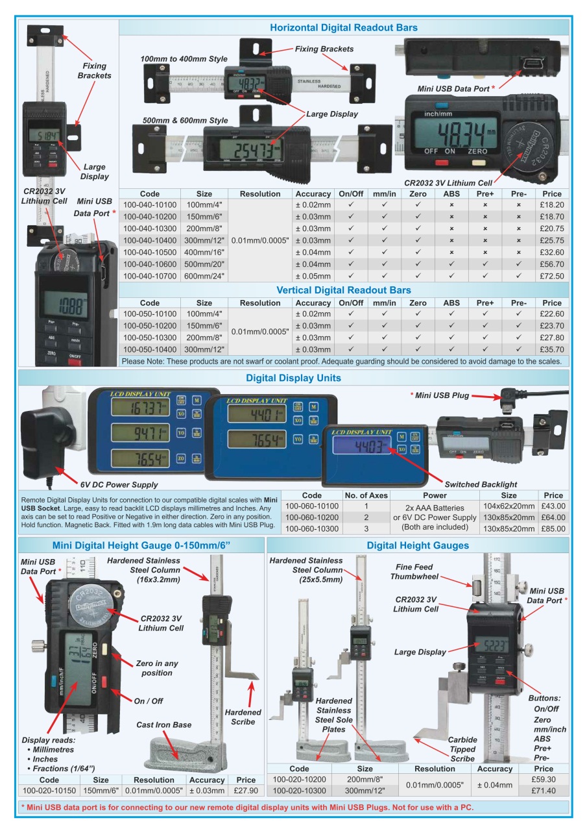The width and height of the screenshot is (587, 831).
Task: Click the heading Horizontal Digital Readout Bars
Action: coord(343,27)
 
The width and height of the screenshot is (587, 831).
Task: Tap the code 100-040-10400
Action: coord(149,240)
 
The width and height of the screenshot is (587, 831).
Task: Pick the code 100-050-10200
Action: coord(149,326)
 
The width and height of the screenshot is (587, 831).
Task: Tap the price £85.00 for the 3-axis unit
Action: coord(553,528)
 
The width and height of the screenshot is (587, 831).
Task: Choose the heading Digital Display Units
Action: coord(293,378)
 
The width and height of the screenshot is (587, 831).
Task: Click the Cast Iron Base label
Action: coord(163,725)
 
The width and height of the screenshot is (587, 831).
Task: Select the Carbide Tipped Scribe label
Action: coord(462,749)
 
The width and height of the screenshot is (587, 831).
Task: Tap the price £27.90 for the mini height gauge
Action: coord(246,791)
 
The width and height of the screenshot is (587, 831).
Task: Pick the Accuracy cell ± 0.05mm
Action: coord(313,277)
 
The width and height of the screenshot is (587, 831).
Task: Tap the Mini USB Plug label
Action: coord(444,395)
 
